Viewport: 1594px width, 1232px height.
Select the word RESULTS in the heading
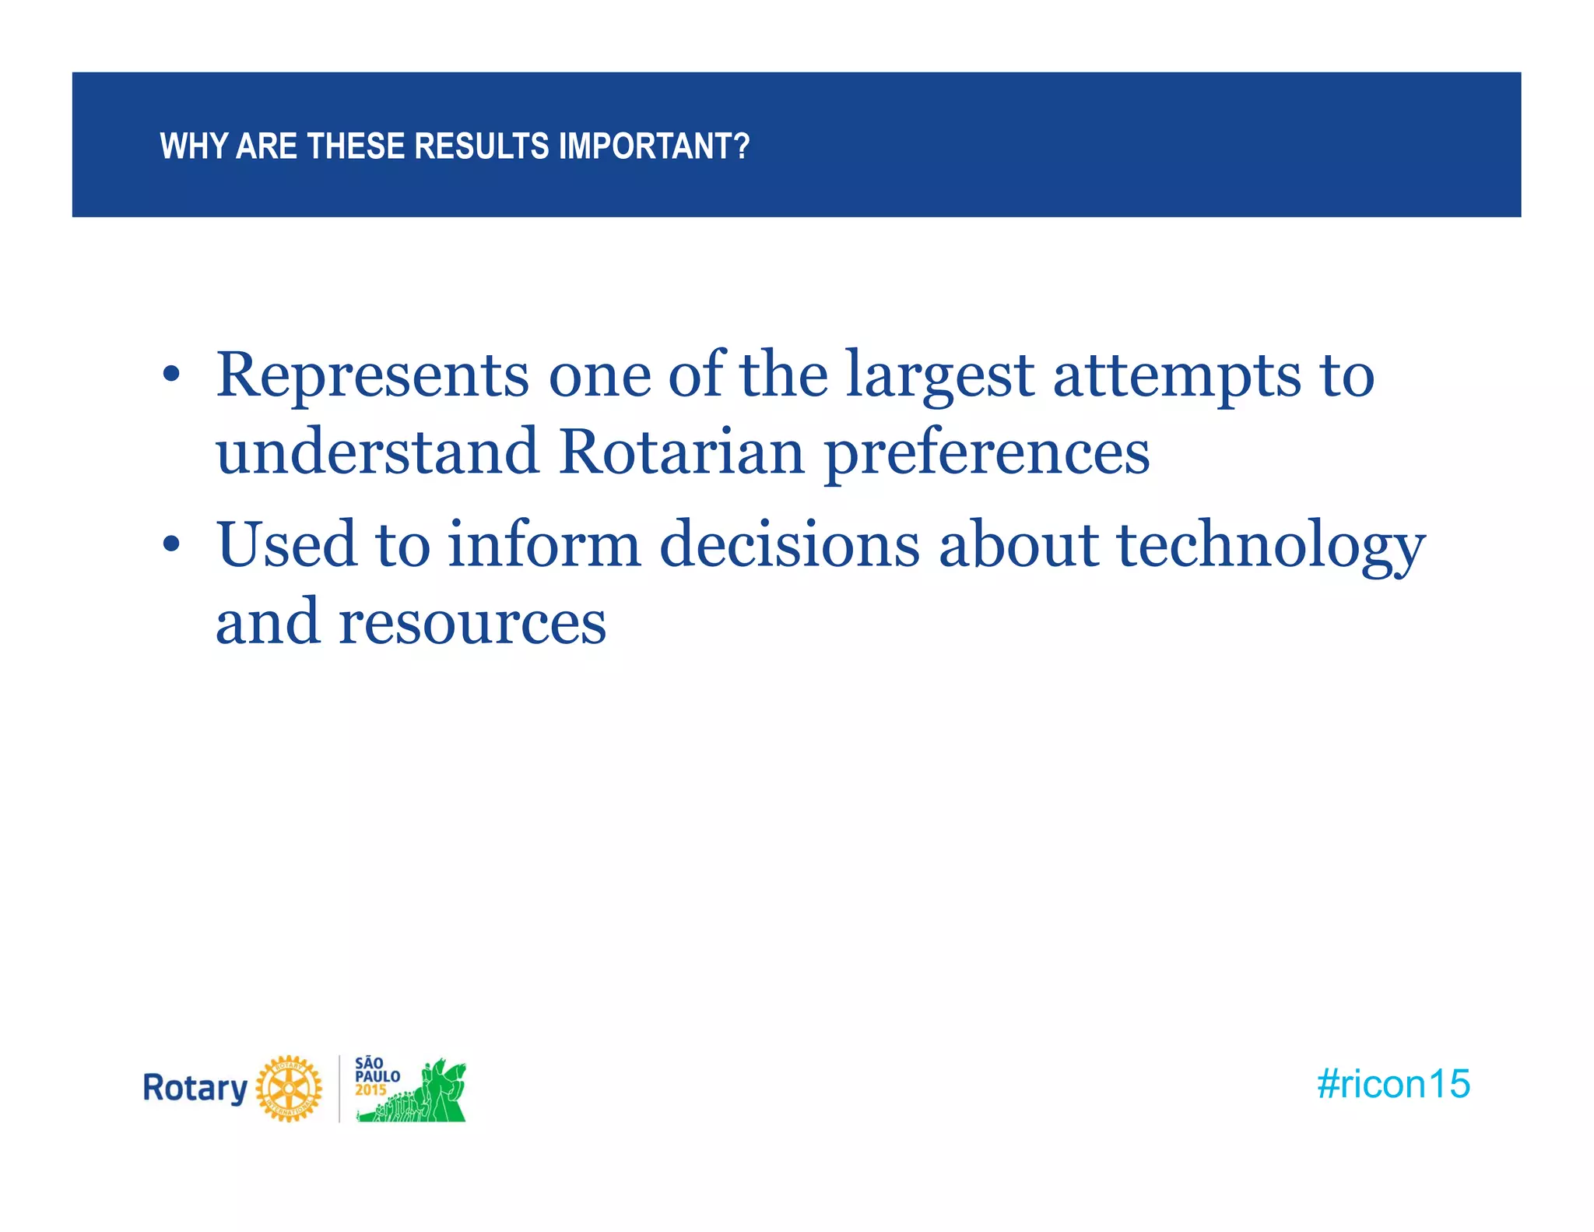point(481,146)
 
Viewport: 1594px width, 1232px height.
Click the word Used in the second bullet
point(286,544)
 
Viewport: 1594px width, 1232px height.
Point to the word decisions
point(789,544)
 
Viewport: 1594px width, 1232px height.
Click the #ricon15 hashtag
point(1393,1084)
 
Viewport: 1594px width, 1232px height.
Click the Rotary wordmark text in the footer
point(195,1088)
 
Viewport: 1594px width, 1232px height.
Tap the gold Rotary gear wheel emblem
point(289,1089)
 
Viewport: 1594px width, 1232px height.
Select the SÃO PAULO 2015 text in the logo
point(377,1076)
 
